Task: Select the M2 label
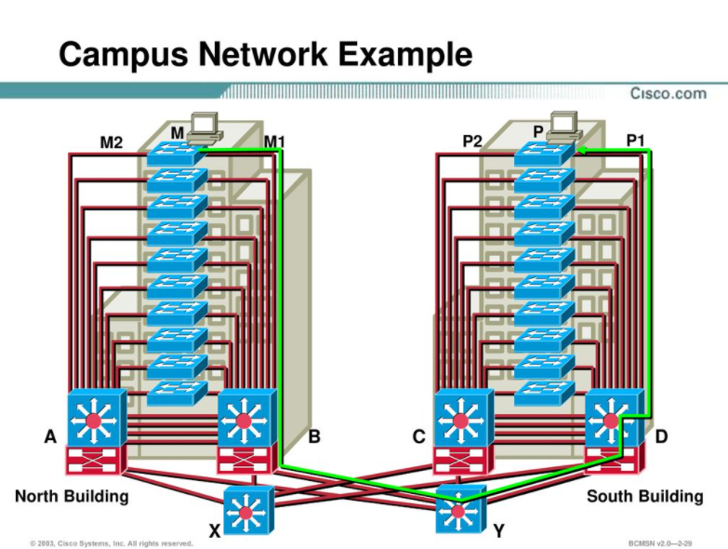(x=111, y=142)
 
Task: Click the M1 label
(x=274, y=141)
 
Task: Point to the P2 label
(x=472, y=141)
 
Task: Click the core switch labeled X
(x=246, y=509)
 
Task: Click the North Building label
(x=72, y=496)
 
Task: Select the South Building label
(x=644, y=496)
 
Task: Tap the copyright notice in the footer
(x=111, y=542)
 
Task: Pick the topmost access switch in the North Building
(x=175, y=154)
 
